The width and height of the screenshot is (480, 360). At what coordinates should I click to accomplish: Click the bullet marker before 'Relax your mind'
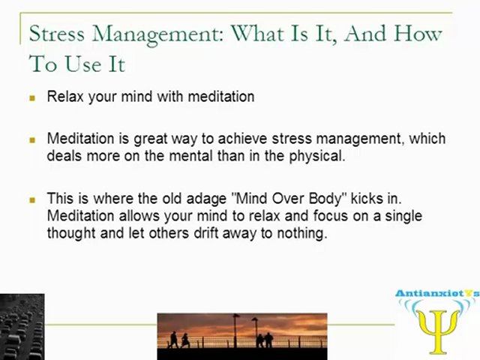point(32,97)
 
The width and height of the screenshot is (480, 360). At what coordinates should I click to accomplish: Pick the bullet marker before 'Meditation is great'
point(32,139)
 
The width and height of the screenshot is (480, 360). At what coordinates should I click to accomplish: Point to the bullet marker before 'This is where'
point(32,200)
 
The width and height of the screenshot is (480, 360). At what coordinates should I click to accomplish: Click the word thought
point(70,232)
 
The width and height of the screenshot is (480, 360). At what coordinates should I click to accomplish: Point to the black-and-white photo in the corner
point(22,327)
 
